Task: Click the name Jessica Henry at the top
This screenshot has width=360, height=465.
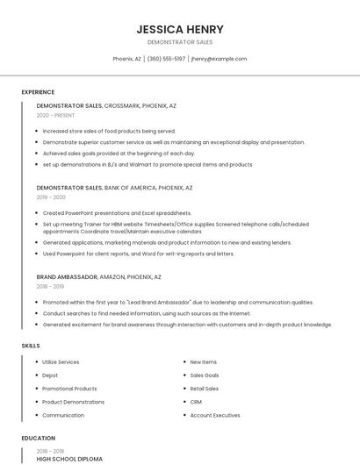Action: pyautogui.click(x=179, y=29)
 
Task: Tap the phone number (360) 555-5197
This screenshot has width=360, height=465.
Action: pyautogui.click(x=166, y=59)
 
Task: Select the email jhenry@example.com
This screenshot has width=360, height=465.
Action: pyautogui.click(x=219, y=59)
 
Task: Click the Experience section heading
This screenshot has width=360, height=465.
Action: pyautogui.click(x=38, y=92)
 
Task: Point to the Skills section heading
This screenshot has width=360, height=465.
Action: pyautogui.click(x=31, y=346)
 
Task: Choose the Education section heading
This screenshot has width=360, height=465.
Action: pyautogui.click(x=38, y=438)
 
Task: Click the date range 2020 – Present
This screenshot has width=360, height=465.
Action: pyautogui.click(x=55, y=115)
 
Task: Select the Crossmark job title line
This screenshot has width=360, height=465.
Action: pyautogui.click(x=106, y=105)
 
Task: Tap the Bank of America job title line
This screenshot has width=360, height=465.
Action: pyautogui.click(x=114, y=188)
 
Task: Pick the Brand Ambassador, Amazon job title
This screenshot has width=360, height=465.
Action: pyautogui.click(x=98, y=276)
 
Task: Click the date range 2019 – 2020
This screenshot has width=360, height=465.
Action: pyautogui.click(x=51, y=197)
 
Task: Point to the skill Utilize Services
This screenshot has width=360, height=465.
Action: pyautogui.click(x=61, y=361)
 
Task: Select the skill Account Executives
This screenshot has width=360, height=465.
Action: pyautogui.click(x=214, y=415)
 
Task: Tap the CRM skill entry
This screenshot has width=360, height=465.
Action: pyautogui.click(x=196, y=402)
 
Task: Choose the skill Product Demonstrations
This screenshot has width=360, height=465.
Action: pyautogui.click(x=73, y=402)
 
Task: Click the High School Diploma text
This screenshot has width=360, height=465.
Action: pyautogui.click(x=69, y=459)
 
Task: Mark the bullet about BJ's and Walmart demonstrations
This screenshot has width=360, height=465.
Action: pyautogui.click(x=147, y=164)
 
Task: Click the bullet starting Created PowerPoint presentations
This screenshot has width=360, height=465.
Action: pyautogui.click(x=116, y=212)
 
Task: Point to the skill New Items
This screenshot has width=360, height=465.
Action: pyautogui.click(x=203, y=361)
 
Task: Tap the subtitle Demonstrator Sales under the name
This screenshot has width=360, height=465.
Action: pyautogui.click(x=179, y=42)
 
